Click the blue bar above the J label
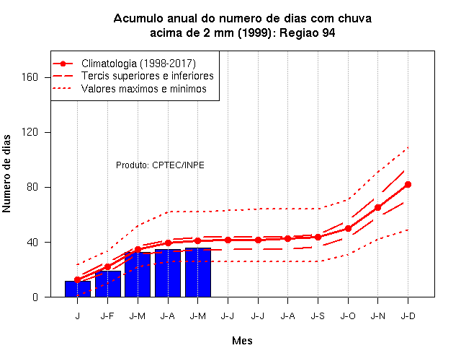[x=78, y=289]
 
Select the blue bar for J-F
[x=108, y=284]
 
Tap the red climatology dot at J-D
[x=408, y=185]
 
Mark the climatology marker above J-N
[x=377, y=207]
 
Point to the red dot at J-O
[x=348, y=228]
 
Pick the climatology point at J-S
[x=318, y=237]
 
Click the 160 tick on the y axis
[x=30, y=77]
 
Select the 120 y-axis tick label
[x=30, y=132]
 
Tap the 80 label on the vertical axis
[x=32, y=187]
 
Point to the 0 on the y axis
[x=35, y=297]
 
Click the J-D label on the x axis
[x=408, y=316]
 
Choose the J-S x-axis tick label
[x=318, y=316]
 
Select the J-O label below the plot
[x=348, y=316]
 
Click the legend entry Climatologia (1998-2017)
[x=138, y=64]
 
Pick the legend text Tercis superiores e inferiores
[x=147, y=76]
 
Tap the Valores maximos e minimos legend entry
[x=144, y=89]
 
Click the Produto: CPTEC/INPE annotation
[x=160, y=165]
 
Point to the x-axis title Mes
[x=242, y=341]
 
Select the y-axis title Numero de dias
[x=6, y=173]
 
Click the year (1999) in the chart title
[x=254, y=32]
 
